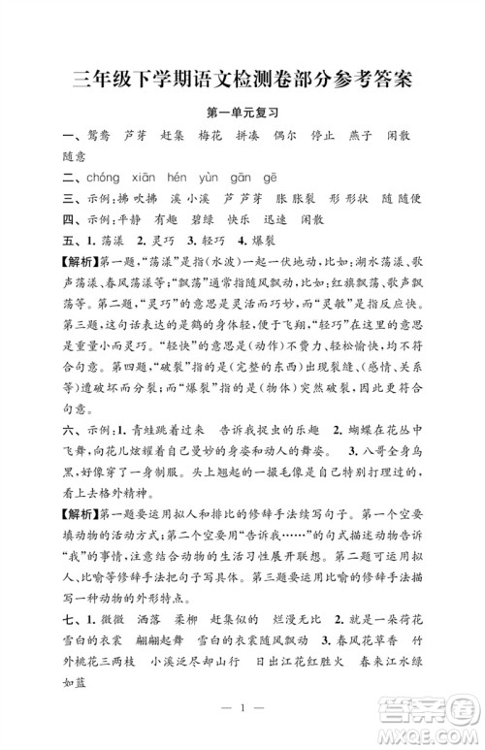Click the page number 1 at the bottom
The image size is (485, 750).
(242, 734)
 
